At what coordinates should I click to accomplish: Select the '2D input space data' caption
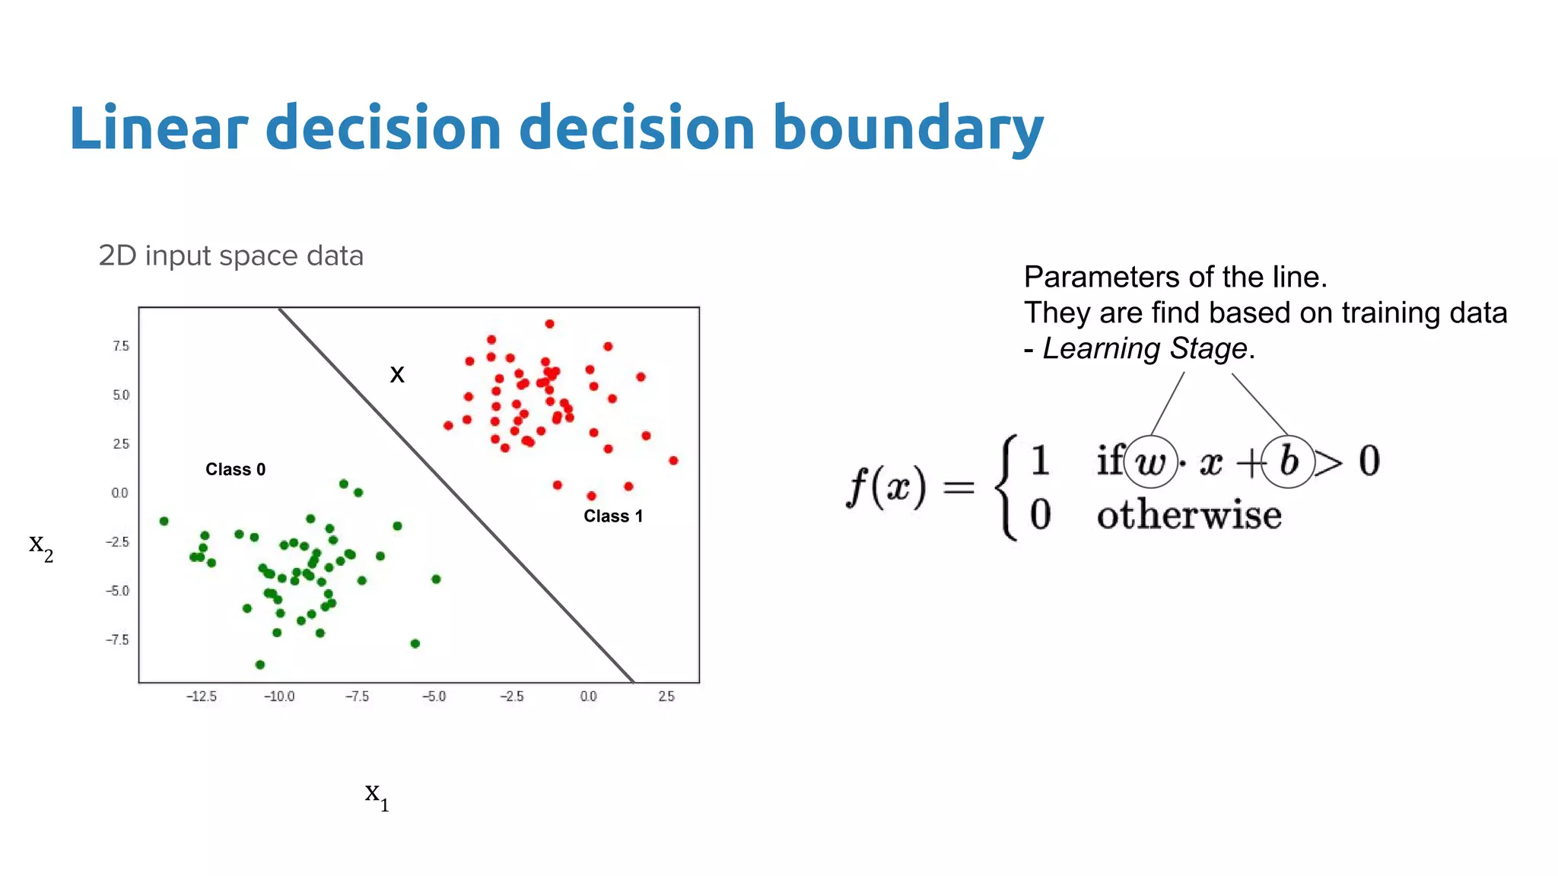click(231, 256)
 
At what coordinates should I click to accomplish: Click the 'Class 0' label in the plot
click(235, 469)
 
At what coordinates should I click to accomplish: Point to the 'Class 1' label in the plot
click(613, 516)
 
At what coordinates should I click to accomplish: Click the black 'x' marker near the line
click(397, 374)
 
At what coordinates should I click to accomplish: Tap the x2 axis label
click(41, 545)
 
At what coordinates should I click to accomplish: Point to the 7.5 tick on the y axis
click(121, 346)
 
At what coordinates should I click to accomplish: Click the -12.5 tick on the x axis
click(201, 696)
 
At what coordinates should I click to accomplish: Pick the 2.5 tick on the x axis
click(666, 696)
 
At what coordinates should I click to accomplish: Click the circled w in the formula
click(1150, 462)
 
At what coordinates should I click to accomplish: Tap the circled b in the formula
click(1288, 461)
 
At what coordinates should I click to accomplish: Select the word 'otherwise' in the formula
click(1189, 516)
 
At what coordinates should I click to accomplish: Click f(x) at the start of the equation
click(886, 487)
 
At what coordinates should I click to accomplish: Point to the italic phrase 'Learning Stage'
click(1145, 348)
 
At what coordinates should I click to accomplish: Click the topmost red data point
click(549, 324)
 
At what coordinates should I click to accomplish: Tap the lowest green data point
click(260, 665)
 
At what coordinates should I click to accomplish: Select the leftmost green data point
click(164, 521)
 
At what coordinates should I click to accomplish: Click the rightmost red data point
click(673, 461)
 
